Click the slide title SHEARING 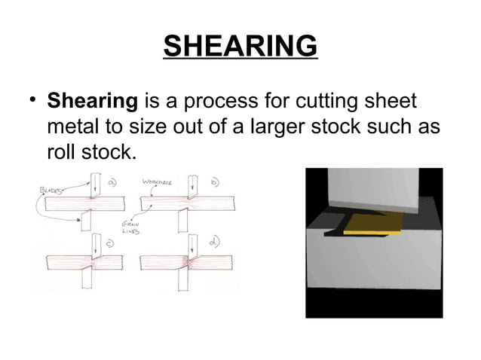(x=240, y=47)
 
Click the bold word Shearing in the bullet (x=92, y=101)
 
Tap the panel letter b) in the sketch (x=212, y=182)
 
